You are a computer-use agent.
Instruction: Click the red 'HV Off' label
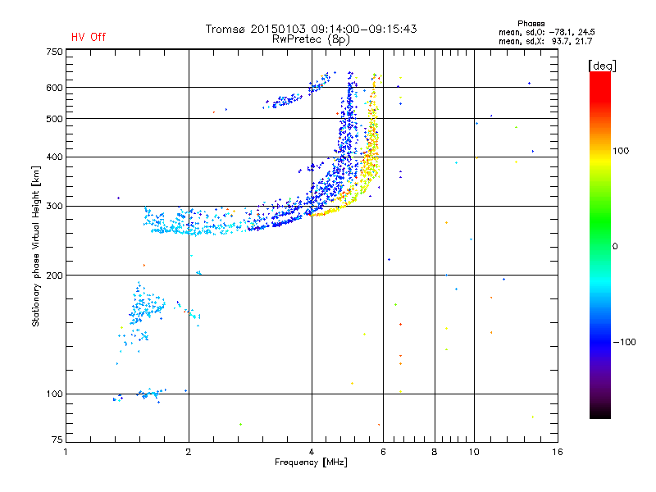(x=89, y=37)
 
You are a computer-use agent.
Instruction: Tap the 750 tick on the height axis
(x=54, y=52)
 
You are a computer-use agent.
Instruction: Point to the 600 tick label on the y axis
(x=54, y=88)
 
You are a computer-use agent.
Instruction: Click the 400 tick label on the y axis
(x=54, y=157)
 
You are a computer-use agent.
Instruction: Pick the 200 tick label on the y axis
(x=54, y=276)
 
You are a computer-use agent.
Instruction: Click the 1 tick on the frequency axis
(x=66, y=452)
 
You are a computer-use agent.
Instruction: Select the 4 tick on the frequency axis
(x=312, y=452)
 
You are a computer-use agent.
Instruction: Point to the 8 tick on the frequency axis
(x=435, y=452)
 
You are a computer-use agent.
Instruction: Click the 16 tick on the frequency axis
(x=557, y=452)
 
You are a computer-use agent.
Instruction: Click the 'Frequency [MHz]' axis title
(x=311, y=463)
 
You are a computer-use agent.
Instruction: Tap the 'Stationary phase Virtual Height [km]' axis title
(x=36, y=246)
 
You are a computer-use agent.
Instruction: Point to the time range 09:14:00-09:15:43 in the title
(x=370, y=29)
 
